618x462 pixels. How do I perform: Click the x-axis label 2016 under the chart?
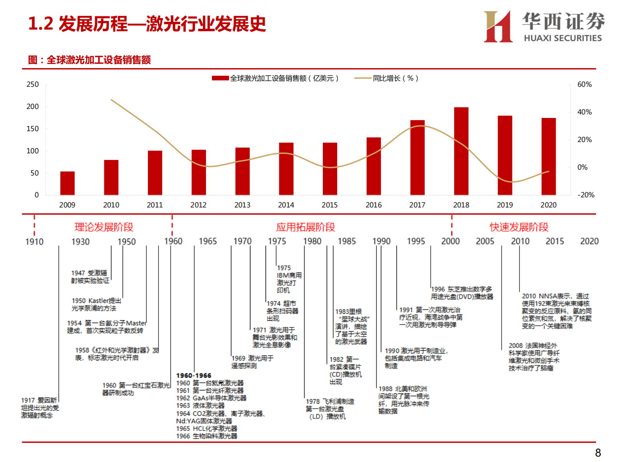(x=373, y=205)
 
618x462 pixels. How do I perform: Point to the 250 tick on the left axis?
(x=33, y=84)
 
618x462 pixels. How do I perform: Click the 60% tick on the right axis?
(x=584, y=84)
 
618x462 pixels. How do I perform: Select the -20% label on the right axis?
(x=585, y=195)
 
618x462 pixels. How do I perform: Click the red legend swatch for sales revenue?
(x=220, y=78)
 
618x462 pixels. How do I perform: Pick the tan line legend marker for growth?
(x=362, y=78)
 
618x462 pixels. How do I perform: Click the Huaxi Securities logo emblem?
(x=498, y=26)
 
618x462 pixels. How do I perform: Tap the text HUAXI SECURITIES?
(x=562, y=38)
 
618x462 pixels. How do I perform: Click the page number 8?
(x=598, y=453)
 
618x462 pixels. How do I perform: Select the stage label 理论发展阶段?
(x=104, y=227)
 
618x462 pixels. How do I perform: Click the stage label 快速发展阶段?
(x=519, y=227)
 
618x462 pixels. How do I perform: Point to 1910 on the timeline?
(x=34, y=242)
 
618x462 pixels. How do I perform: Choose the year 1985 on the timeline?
(x=347, y=241)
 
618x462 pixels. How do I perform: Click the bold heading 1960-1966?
(x=194, y=376)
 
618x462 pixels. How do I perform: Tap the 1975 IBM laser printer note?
(x=289, y=279)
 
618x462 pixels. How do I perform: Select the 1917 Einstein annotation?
(x=40, y=408)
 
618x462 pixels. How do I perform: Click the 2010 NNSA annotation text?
(x=556, y=311)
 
